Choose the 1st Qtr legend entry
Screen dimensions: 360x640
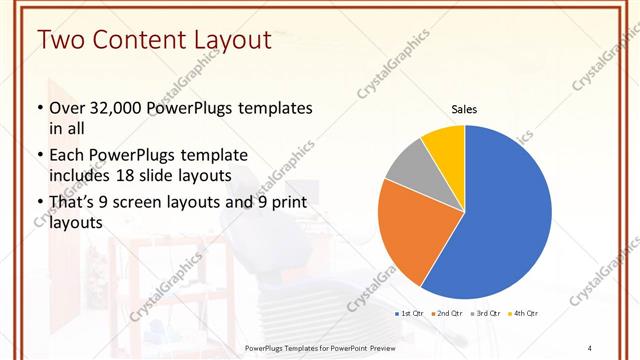pos(411,314)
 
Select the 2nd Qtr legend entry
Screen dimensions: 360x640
pos(446,314)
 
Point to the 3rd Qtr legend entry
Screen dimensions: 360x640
pos(484,314)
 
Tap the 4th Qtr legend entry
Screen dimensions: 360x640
pos(522,314)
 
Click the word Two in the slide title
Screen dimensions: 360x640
pos(60,40)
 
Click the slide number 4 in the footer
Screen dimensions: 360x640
pos(590,346)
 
